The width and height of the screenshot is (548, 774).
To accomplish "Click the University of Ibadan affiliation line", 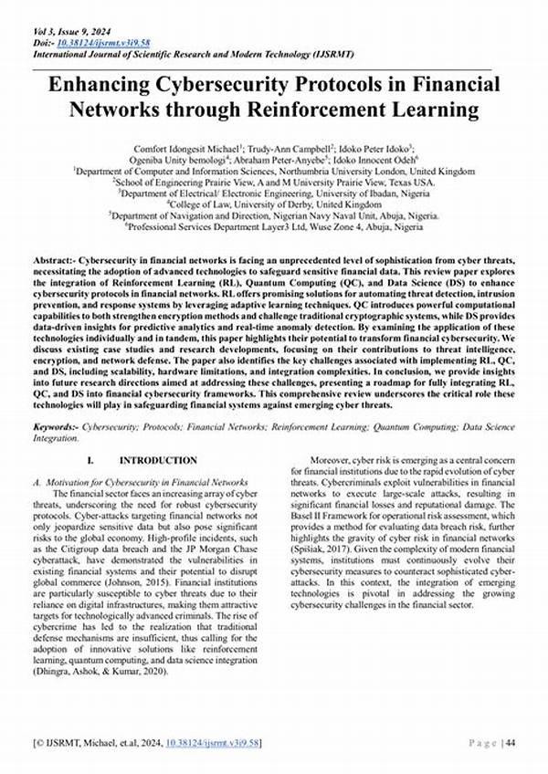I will coord(273,193).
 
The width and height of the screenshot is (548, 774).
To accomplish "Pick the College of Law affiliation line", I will coord(273,205).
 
